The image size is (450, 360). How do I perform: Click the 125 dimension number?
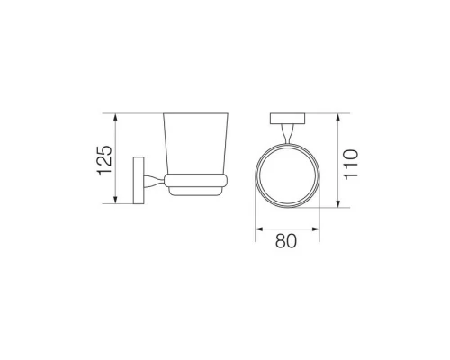(104, 160)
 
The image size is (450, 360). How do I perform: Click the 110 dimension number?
(351, 165)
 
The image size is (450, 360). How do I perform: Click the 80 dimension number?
(286, 241)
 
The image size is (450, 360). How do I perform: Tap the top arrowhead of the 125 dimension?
(115, 118)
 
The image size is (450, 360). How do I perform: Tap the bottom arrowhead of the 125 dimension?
(115, 200)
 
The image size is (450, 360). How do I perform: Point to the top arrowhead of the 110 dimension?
(338, 118)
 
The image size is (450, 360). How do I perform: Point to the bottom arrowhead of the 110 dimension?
(338, 203)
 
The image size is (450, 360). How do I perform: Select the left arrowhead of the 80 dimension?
(259, 229)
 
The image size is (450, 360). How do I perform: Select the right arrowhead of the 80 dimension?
(315, 229)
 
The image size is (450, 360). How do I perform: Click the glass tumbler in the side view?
(195, 144)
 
